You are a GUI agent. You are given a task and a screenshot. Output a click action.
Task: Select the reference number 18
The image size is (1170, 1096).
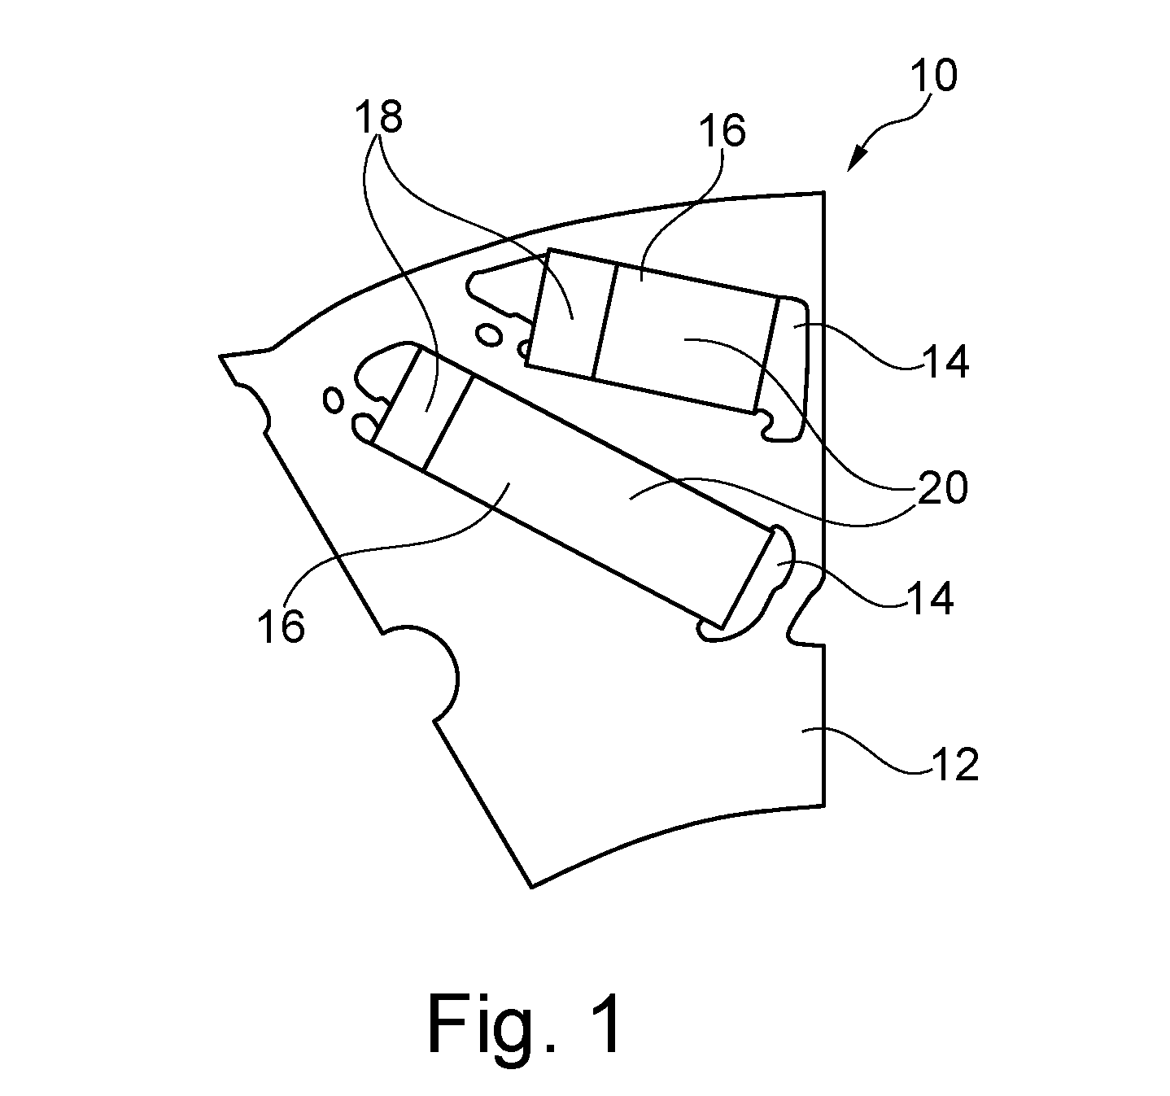[x=378, y=116]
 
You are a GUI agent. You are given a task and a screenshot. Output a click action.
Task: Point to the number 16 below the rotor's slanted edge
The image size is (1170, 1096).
[x=281, y=626]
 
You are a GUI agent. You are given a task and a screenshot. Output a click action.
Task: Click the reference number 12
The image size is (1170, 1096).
[x=954, y=765]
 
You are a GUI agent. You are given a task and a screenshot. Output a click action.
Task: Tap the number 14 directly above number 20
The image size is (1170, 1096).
[x=945, y=361]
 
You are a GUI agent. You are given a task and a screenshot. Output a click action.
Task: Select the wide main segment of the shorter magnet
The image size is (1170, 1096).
[x=685, y=337]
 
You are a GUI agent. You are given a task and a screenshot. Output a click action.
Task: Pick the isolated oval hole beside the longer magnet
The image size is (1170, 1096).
[x=334, y=400]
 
